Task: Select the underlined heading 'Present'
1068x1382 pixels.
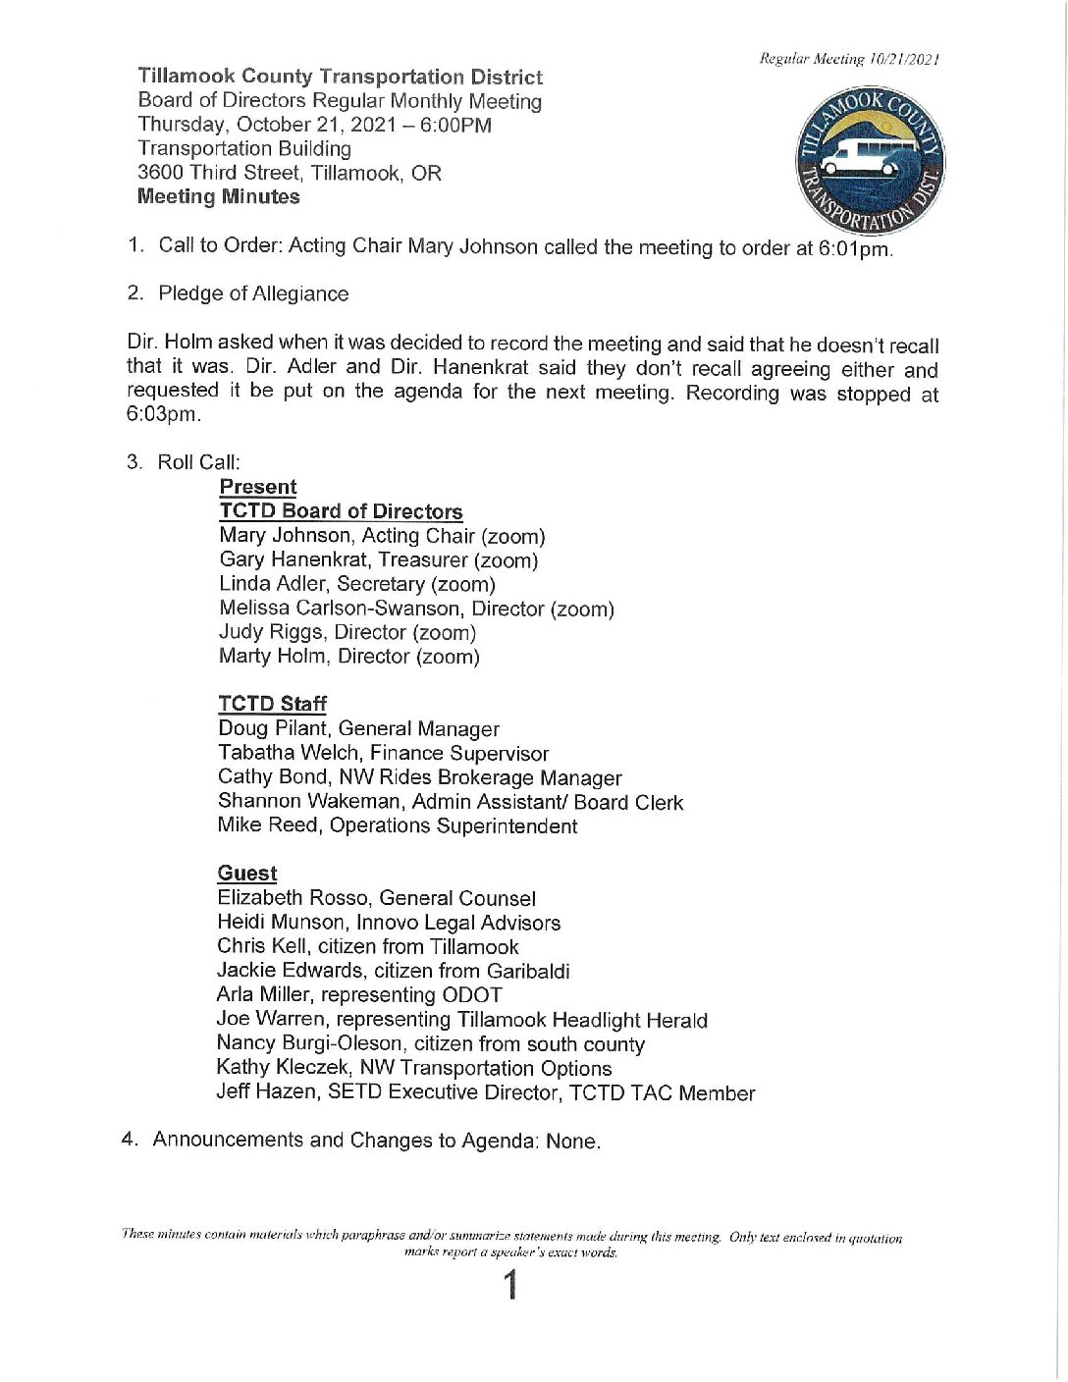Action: tap(258, 487)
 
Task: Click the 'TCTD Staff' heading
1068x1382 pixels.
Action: tap(272, 704)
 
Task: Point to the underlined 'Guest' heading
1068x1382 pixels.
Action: tap(247, 874)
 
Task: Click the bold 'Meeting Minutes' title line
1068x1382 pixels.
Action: tap(219, 196)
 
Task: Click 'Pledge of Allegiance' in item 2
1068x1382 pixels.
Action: tap(253, 293)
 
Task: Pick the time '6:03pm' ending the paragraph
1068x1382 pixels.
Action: tap(163, 414)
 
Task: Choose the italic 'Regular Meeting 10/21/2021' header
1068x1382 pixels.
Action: tap(849, 59)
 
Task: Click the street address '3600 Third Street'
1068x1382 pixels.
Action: tap(218, 173)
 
